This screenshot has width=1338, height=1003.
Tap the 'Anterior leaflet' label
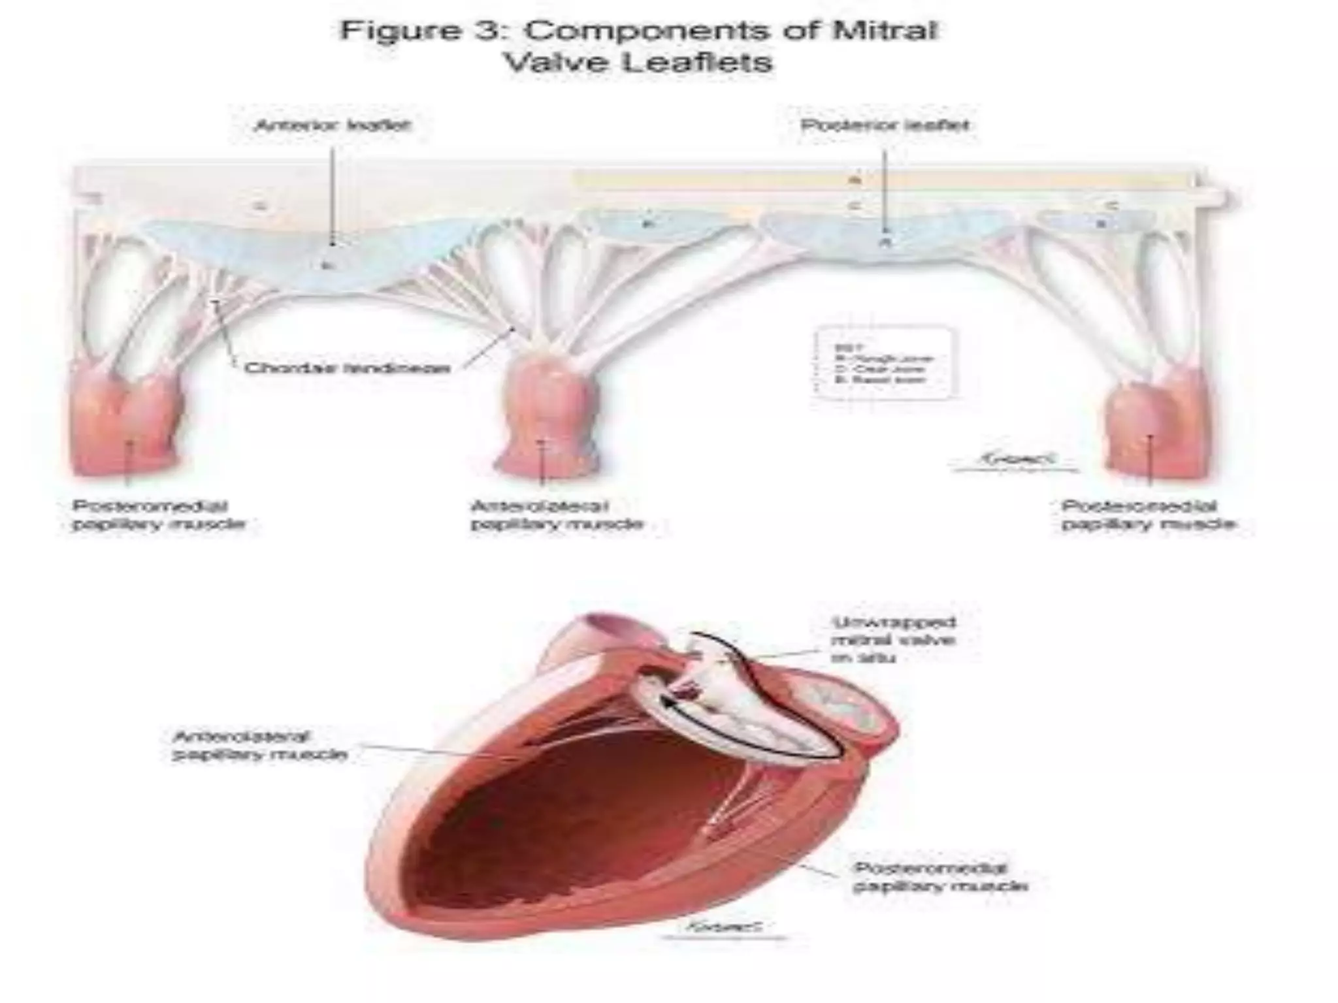333,125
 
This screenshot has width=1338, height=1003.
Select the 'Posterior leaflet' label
885,125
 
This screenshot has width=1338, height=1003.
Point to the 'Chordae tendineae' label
348,368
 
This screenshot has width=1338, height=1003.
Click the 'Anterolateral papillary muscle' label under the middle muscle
557,515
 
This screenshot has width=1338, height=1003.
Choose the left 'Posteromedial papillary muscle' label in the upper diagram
159,515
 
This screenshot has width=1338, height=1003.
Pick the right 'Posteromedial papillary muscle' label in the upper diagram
1148,515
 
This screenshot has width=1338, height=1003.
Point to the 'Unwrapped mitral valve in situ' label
894,639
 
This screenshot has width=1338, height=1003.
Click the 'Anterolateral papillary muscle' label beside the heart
259,746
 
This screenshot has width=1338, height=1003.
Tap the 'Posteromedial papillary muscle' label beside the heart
940,877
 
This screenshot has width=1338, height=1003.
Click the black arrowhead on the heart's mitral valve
668,701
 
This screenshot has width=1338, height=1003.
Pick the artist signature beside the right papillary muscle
1014,460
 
